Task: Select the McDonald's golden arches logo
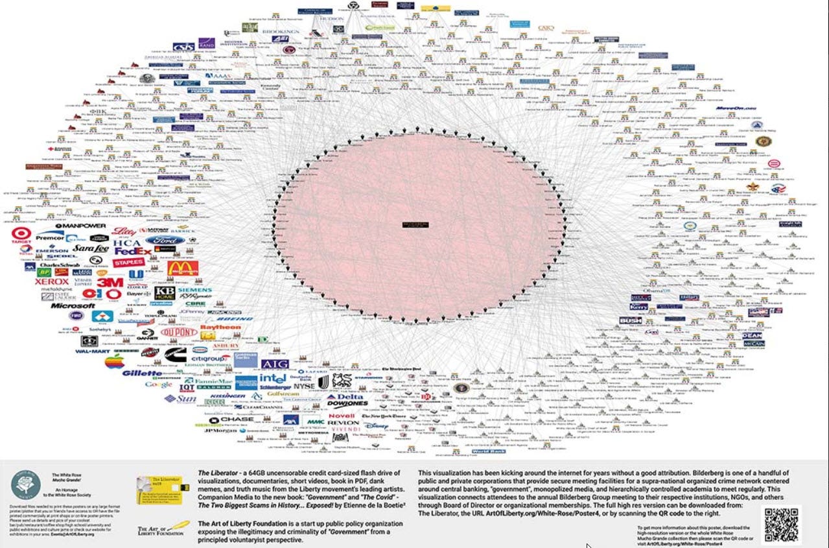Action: pos(183,268)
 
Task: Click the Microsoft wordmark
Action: pos(73,305)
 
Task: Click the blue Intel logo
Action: pos(274,378)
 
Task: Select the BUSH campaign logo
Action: pos(630,320)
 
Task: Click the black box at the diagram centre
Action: pos(415,224)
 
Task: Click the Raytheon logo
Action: pos(220,328)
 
